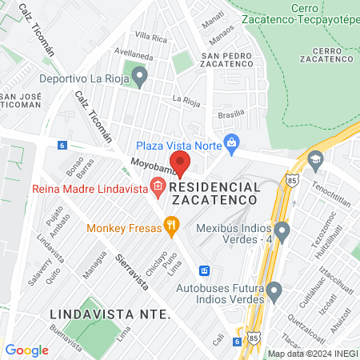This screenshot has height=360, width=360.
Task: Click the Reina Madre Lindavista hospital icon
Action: coord(157,188)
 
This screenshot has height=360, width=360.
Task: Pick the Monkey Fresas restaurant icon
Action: coord(170,226)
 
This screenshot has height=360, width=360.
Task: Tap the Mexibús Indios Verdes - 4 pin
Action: coord(280,232)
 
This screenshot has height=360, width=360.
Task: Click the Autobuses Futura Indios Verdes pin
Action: coord(274,290)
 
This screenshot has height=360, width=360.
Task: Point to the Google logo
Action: coord(26,350)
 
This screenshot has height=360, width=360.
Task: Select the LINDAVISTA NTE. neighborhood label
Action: coord(109,313)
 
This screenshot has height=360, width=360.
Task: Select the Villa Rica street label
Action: coord(150,38)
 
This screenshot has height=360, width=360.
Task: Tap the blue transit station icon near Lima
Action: coord(205,270)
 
